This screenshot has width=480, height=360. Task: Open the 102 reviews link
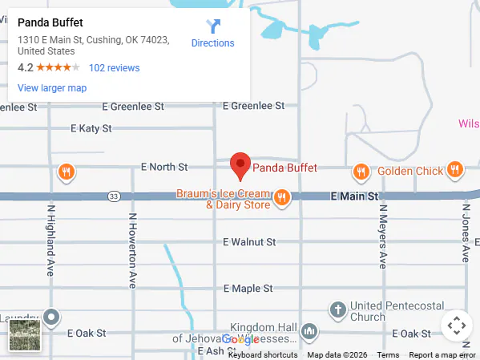114,68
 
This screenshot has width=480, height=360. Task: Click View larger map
51,88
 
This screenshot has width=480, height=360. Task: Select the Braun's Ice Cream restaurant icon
281,197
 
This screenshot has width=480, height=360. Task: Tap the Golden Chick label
409,171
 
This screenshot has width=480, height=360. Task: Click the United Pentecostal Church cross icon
338,309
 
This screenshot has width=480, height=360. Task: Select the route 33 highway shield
115,196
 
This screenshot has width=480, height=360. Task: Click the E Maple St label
248,288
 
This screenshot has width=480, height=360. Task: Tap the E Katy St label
91,128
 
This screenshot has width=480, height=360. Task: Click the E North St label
163,167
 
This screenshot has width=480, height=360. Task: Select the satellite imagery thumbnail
25,334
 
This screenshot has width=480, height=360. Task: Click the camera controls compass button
457,326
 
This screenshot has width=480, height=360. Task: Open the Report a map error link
442,355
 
